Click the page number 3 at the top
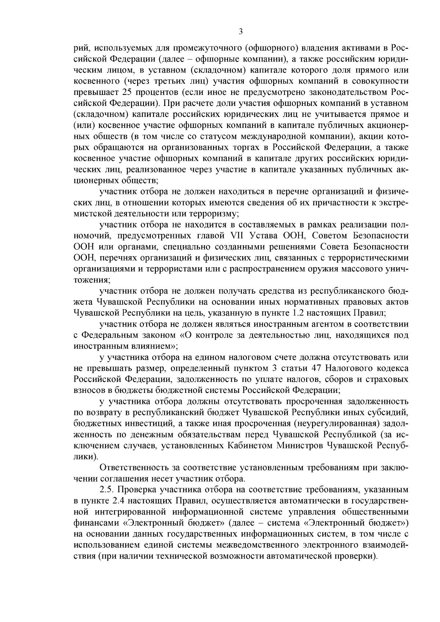[x=241, y=32]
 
